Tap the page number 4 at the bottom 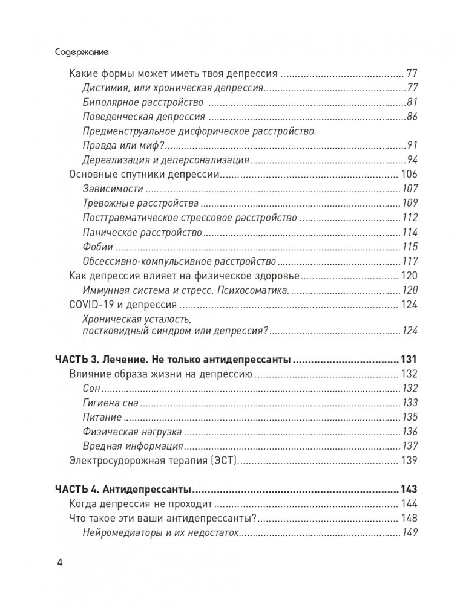click(59, 563)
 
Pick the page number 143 click(409, 489)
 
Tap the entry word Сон click(91, 388)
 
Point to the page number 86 click(412, 117)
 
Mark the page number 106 click(409, 175)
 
